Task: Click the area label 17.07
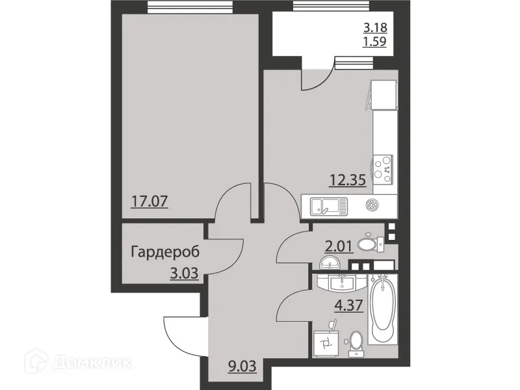point(151,200)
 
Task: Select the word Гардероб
point(164,252)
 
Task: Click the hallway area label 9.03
point(242,365)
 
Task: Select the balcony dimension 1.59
point(376,44)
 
